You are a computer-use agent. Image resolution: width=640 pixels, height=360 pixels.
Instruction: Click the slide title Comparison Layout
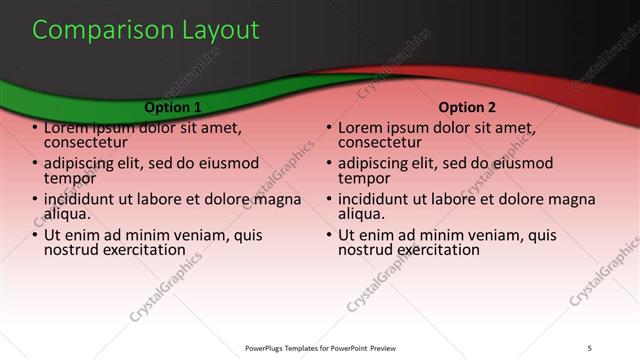pos(145,30)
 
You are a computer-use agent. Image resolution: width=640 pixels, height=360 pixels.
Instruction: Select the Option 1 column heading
pos(173,106)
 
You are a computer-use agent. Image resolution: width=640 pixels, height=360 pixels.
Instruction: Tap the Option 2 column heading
pos(467,106)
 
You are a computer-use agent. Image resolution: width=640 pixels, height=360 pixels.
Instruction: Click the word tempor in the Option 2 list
pos(363,178)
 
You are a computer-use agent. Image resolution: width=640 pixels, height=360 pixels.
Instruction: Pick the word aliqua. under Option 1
pos(68,213)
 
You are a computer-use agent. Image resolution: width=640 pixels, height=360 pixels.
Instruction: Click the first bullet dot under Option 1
pos(35,129)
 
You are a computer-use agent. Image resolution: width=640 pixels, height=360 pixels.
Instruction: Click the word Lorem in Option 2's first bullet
pos(361,128)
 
